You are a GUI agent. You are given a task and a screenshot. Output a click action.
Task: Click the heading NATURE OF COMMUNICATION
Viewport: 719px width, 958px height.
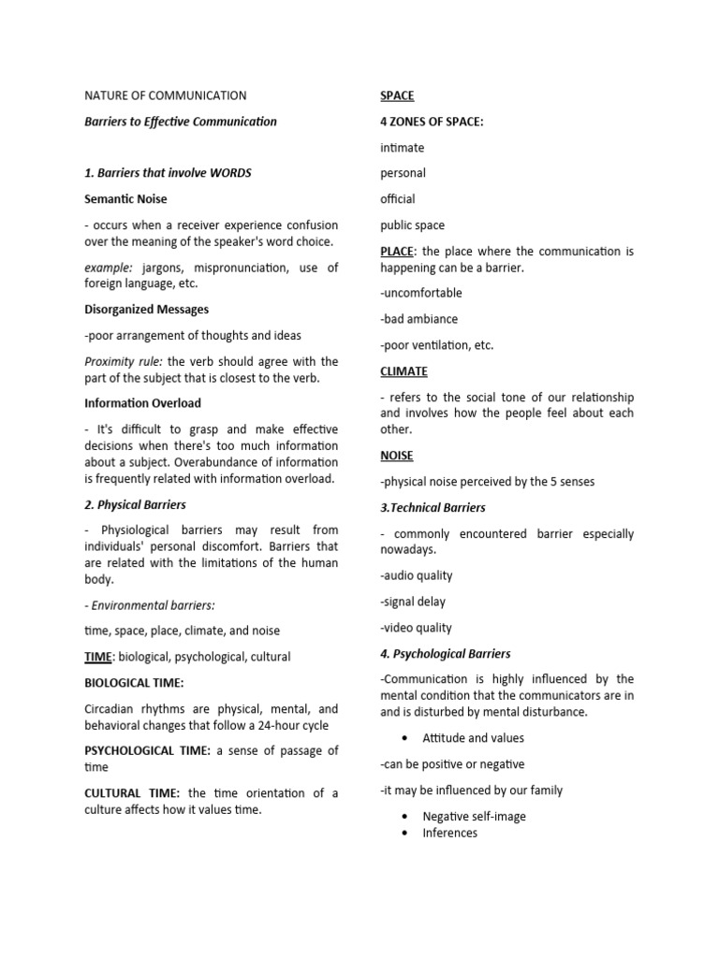[x=166, y=95]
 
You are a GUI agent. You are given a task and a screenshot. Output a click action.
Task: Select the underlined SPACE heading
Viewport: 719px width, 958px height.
[x=397, y=95]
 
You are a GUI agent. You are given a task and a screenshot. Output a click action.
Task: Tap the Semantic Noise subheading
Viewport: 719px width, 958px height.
[x=125, y=199]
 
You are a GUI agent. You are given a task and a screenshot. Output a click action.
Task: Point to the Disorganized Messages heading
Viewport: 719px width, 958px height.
[x=146, y=310]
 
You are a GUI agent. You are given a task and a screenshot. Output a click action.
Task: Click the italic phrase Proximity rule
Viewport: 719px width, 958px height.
[x=123, y=362]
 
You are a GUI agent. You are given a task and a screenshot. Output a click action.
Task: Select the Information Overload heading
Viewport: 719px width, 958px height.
[x=142, y=403]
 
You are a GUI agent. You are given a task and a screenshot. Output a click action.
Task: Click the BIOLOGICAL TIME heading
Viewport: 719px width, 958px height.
[x=134, y=683]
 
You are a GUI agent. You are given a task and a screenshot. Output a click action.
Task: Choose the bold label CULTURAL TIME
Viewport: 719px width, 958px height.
[x=131, y=793]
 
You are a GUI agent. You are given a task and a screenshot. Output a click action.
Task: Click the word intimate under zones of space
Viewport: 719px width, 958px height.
[x=403, y=148]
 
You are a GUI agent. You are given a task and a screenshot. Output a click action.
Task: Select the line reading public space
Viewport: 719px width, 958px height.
[x=413, y=225]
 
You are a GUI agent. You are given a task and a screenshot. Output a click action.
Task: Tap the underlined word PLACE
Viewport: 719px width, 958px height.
[x=397, y=252]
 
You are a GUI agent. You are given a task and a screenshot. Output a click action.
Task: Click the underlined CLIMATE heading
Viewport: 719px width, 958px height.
[x=404, y=371]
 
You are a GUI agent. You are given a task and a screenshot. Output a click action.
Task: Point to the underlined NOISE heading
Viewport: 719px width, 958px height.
[x=397, y=456]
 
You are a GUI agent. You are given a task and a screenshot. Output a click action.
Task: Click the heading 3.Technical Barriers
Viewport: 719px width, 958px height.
[x=433, y=507]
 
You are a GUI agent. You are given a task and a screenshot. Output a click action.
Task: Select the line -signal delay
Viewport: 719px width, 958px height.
[x=413, y=602]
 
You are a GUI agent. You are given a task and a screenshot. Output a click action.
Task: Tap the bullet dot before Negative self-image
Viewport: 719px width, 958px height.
[x=403, y=816]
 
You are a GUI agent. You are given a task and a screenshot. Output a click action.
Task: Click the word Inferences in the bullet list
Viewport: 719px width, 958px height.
[x=449, y=833]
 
